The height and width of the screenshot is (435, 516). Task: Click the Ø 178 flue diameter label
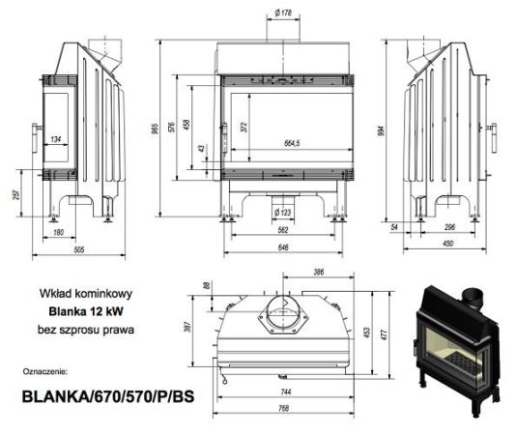283,13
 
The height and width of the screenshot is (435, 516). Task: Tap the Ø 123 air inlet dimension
283,213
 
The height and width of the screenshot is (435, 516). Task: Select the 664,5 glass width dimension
292,143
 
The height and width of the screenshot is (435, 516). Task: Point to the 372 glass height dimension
244,127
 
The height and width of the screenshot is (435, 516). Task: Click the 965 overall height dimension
155,129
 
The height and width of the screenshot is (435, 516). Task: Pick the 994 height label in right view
381,131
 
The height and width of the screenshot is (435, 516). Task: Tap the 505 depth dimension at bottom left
79,249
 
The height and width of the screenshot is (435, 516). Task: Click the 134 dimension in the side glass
56,139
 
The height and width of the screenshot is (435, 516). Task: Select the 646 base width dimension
283,246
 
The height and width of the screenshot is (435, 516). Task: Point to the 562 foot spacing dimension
283,229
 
